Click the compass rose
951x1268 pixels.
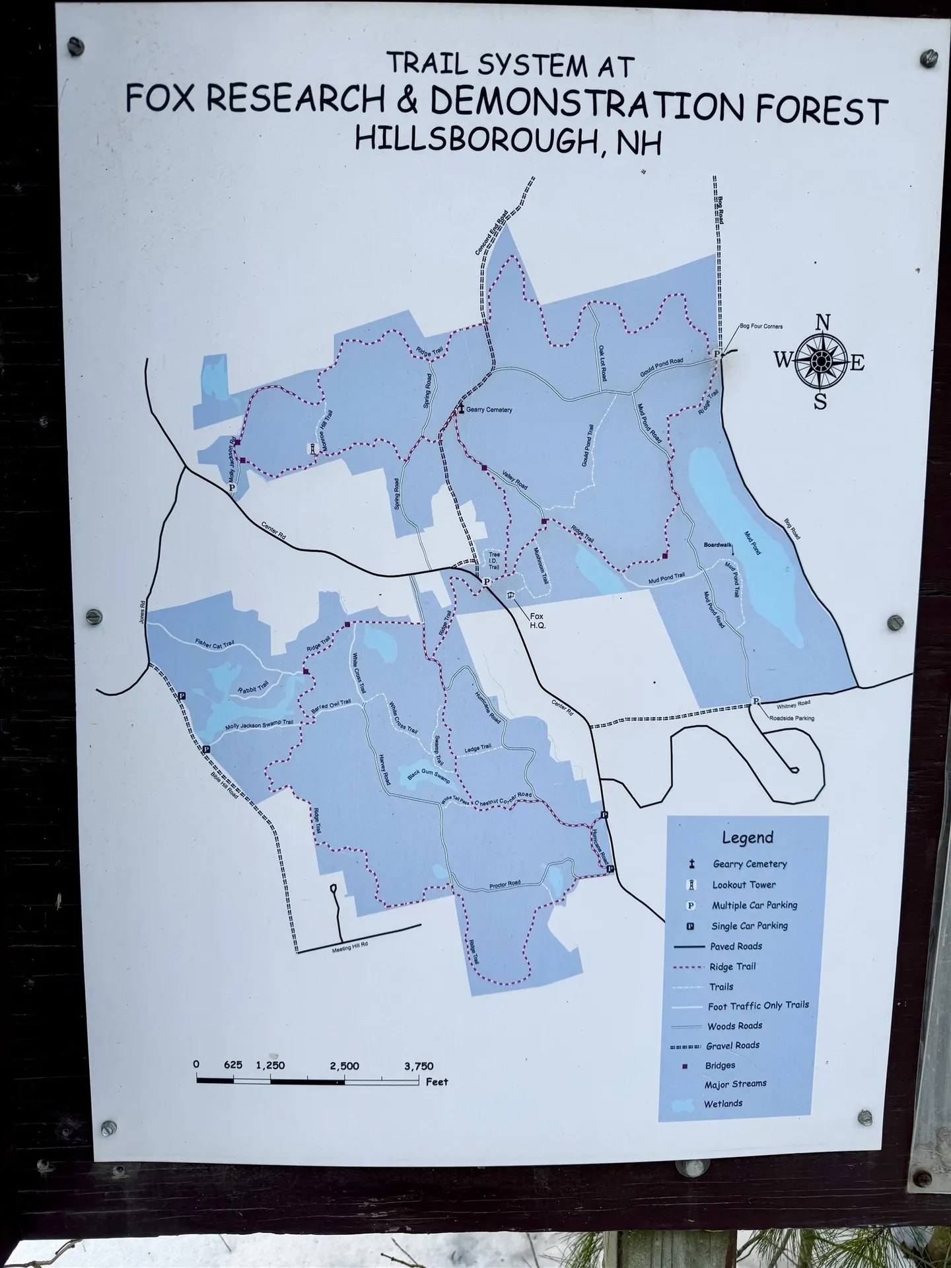pos(820,361)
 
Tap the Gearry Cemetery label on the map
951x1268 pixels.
pos(489,410)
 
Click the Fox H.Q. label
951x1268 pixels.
pos(538,621)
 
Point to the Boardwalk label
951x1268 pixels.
pos(719,546)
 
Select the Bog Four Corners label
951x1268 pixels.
pos(761,327)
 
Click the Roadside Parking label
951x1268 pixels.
pos(791,718)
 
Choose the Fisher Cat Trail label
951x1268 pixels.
pos(215,643)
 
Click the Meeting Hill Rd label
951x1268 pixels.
pos(350,945)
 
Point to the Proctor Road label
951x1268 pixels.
pos(505,884)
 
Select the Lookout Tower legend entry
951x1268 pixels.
pos(744,885)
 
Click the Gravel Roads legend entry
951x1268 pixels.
pos(732,1045)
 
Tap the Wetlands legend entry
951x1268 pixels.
pos(722,1104)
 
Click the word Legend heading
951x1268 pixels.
pos(747,838)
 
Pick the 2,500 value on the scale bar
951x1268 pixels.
pos(345,1066)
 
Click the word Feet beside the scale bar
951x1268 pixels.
pos(437,1082)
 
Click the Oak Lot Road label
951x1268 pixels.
pos(602,362)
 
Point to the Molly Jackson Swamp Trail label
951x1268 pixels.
pos(259,725)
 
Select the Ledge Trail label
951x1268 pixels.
pos(477,749)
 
